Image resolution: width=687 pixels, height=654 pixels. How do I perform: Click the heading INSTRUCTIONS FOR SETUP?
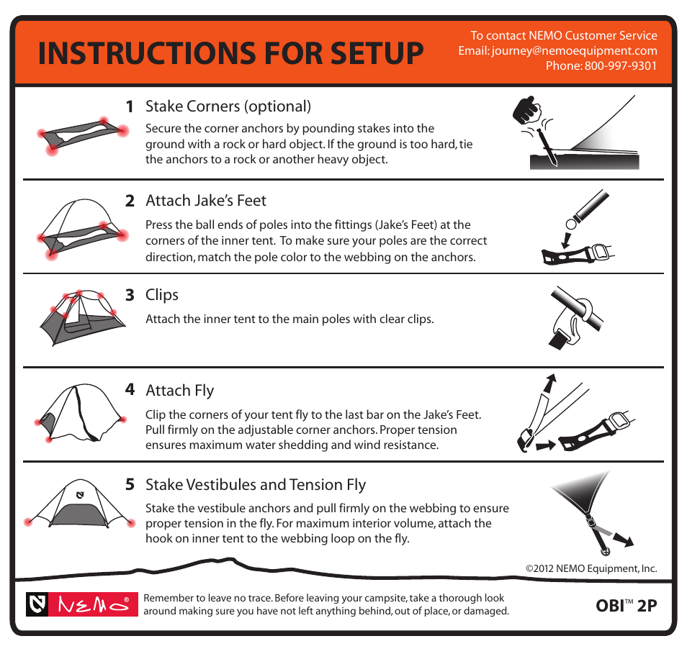pyautogui.click(x=231, y=53)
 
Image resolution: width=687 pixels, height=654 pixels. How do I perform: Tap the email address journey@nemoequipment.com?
pyautogui.click(x=575, y=51)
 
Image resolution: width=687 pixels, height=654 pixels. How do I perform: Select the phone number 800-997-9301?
pyautogui.click(x=621, y=65)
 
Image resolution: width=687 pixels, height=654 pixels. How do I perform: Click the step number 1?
pyautogui.click(x=130, y=106)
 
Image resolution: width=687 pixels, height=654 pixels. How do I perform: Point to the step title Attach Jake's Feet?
pyautogui.click(x=206, y=201)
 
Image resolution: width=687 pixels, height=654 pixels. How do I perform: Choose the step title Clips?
pyautogui.click(x=162, y=295)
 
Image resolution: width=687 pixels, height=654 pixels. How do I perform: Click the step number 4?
pyautogui.click(x=130, y=389)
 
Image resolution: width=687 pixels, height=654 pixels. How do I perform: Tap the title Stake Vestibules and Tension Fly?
pyautogui.click(x=256, y=485)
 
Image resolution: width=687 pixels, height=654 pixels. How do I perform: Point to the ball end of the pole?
pyautogui.click(x=571, y=224)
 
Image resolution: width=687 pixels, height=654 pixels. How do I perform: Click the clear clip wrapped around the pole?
pyautogui.click(x=574, y=322)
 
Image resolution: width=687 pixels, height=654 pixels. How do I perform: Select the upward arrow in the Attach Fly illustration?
pyautogui.click(x=549, y=383)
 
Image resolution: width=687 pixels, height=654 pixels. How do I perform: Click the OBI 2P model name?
pyautogui.click(x=626, y=606)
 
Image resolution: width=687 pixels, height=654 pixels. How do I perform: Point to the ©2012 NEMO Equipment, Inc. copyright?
pyautogui.click(x=591, y=568)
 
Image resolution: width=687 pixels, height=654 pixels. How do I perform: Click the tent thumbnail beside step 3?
pyautogui.click(x=82, y=317)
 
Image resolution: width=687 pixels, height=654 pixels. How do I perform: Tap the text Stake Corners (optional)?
pyautogui.click(x=228, y=106)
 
